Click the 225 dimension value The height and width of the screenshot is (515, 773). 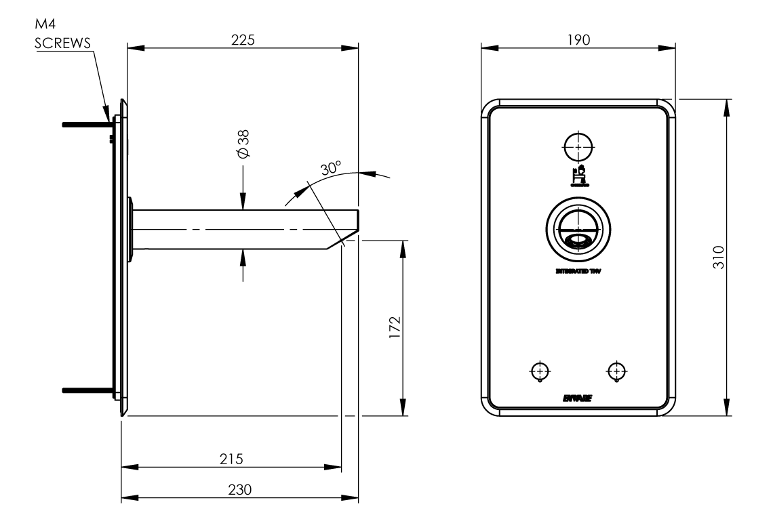(x=242, y=40)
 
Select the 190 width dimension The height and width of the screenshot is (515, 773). (x=578, y=40)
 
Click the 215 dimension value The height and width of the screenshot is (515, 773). (x=231, y=457)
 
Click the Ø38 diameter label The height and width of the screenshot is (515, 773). (x=244, y=144)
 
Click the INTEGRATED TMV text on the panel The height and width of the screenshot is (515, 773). (x=578, y=270)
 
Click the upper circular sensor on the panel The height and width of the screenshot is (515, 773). (x=578, y=145)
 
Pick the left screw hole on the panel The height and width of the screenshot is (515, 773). (x=540, y=371)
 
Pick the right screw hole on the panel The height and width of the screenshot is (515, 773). (x=616, y=371)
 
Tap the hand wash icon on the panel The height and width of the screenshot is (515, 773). (x=578, y=175)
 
